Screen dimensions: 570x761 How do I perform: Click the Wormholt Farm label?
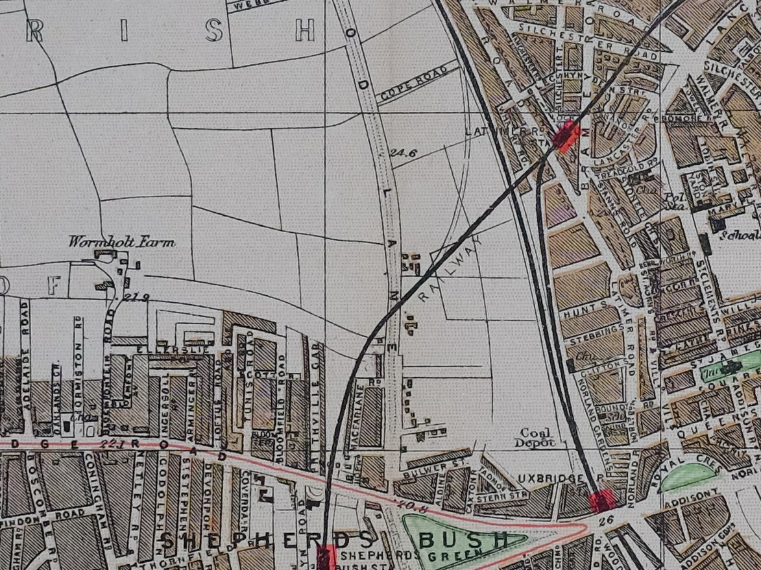coord(122,243)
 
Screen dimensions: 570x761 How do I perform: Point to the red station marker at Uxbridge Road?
coord(603,500)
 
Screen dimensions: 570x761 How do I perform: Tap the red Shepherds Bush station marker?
coord(326,556)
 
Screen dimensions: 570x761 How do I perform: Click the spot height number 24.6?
coord(403,154)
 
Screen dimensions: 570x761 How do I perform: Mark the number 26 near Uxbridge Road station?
coord(607,519)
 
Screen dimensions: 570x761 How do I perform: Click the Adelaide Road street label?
coord(26,337)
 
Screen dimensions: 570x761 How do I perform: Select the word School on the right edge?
coord(745,236)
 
